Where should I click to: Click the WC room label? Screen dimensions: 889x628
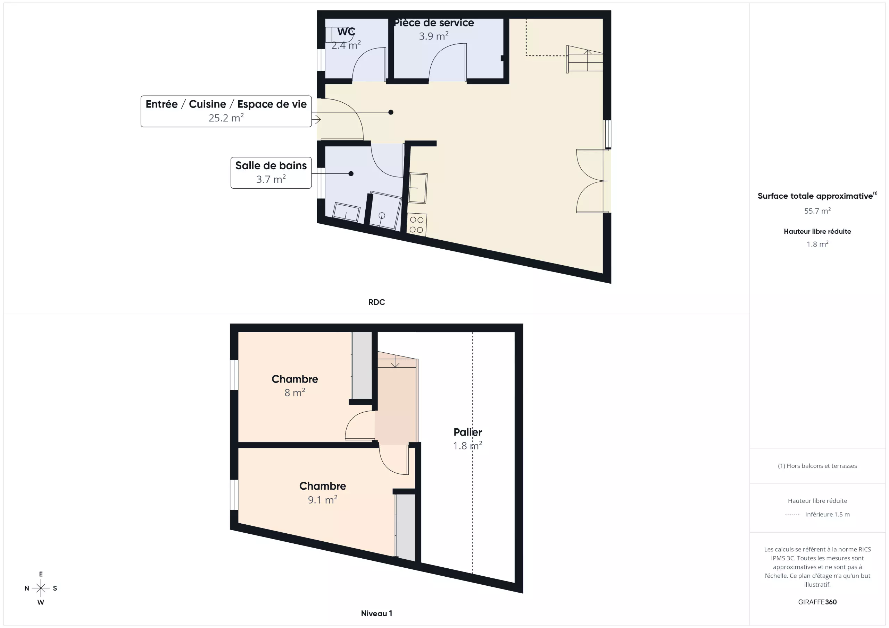point(346,31)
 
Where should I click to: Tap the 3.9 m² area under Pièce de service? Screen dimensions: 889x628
point(434,36)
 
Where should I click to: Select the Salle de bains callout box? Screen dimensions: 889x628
point(271,172)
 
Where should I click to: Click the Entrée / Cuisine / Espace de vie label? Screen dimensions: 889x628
point(226,104)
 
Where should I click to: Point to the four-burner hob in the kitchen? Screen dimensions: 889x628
point(417,225)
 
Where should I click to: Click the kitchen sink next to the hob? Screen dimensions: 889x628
point(418,188)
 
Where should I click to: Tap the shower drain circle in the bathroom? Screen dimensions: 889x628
point(382,215)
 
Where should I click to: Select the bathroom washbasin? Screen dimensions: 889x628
point(346,212)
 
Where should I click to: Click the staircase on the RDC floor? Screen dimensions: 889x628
point(585,59)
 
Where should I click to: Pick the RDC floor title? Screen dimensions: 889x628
point(376,302)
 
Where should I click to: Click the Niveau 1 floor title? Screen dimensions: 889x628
point(376,613)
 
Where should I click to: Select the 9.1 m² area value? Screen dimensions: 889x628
point(323,500)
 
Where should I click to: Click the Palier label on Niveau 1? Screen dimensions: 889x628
point(468,432)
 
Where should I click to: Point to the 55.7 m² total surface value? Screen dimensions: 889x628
point(817,211)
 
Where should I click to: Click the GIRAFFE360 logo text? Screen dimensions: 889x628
point(817,602)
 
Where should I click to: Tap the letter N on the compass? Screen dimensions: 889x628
point(27,588)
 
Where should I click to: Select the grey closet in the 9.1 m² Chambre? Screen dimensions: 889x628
point(405,527)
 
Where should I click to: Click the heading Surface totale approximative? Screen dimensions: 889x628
point(815,196)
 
